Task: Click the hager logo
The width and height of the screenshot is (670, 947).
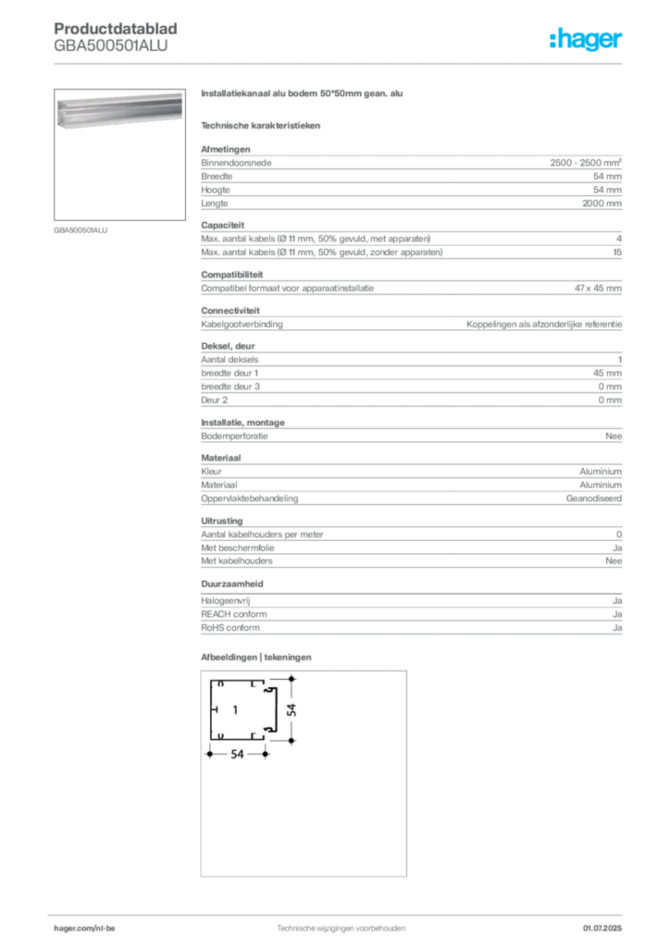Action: coord(585,39)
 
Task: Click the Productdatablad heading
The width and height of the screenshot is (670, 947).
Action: coord(116,29)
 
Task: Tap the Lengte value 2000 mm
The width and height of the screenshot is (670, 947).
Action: coord(602,203)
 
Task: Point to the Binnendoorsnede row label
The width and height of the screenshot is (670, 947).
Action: coord(236,163)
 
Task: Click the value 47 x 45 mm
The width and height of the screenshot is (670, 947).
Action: coord(598,289)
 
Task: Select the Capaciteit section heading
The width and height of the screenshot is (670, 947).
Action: coord(222,226)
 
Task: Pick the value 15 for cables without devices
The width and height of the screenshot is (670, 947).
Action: coord(617,252)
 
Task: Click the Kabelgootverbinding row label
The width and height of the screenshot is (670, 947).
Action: coord(242,325)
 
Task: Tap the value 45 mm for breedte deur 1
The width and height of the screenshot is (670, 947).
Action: coord(607,374)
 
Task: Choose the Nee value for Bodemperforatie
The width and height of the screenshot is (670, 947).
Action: coord(614,437)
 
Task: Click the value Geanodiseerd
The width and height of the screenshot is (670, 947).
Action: coord(594,498)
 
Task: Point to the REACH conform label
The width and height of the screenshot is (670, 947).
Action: coord(234,614)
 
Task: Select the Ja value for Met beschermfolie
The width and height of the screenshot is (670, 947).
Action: coord(617,548)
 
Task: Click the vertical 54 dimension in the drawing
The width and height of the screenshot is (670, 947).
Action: coord(292,709)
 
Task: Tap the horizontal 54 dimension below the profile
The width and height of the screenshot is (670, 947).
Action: coord(237,755)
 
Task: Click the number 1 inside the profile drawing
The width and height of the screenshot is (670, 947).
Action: coord(235,710)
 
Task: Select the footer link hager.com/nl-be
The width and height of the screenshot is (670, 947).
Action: coord(84,929)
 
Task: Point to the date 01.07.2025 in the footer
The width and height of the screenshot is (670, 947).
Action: coord(602,929)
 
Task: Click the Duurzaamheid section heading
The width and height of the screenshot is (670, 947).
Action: coord(232,584)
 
